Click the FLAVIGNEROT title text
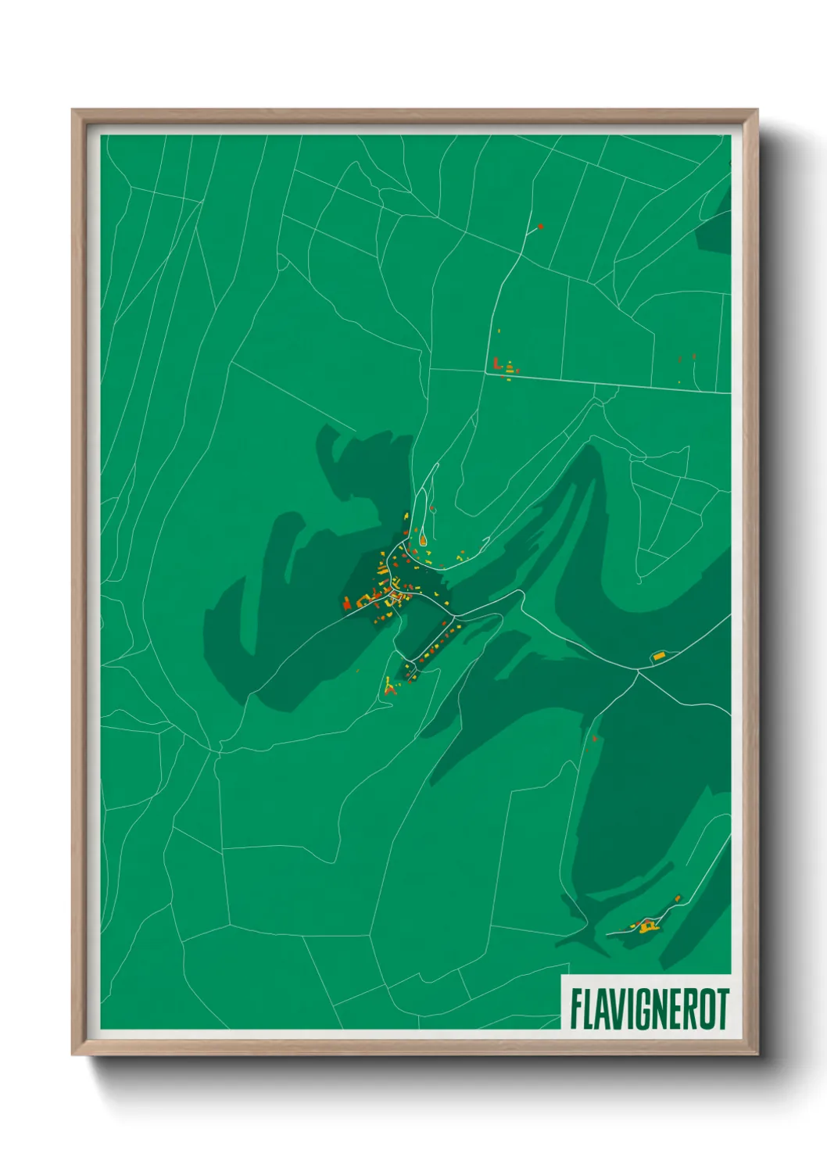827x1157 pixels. click(x=649, y=1008)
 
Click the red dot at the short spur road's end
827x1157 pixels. click(x=540, y=227)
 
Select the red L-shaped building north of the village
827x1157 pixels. click(x=496, y=363)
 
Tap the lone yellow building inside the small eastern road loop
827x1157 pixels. click(x=658, y=655)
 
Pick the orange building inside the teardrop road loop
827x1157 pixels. click(x=422, y=539)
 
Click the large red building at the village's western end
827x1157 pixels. click(x=346, y=602)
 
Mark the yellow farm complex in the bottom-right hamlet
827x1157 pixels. click(x=647, y=927)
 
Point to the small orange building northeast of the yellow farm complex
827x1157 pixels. click(x=678, y=899)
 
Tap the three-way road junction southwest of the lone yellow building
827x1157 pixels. click(x=639, y=671)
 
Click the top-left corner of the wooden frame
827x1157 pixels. click(x=73, y=111)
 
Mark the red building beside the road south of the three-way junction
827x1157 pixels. click(x=595, y=738)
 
